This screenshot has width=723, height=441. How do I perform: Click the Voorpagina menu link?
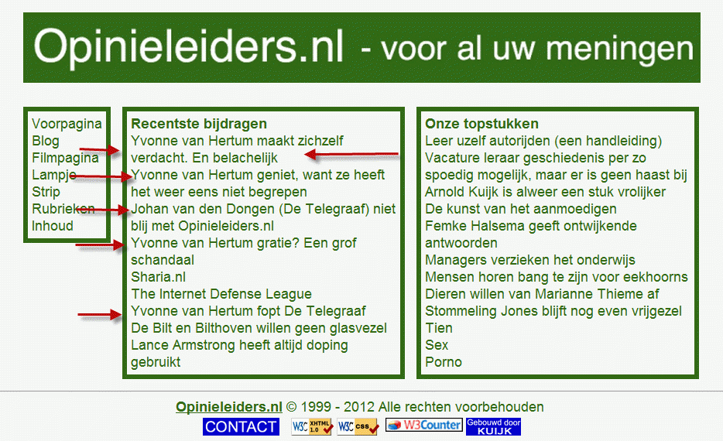tap(67, 124)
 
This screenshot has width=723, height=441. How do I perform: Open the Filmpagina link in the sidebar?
tap(65, 158)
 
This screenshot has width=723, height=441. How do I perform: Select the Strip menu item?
tap(46, 192)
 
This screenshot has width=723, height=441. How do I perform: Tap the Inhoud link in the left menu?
tap(53, 226)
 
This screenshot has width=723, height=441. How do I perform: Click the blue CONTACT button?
tap(241, 427)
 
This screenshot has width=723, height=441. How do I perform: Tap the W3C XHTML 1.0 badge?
tap(312, 426)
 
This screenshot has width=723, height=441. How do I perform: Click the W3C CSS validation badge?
tap(358, 426)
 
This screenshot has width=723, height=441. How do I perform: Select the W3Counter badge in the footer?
tap(423, 425)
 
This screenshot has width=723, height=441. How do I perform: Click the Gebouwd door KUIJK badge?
tap(493, 427)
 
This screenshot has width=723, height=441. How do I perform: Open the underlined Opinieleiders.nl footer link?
tap(228, 407)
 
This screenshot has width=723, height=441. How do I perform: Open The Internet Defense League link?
tap(221, 294)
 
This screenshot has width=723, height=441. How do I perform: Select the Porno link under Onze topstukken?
tap(443, 362)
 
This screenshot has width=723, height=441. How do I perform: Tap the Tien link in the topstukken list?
tap(438, 328)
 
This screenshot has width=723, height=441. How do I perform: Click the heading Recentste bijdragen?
tap(199, 124)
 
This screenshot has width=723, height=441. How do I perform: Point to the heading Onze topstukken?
tap(481, 124)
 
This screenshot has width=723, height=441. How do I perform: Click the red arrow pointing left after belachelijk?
tap(351, 155)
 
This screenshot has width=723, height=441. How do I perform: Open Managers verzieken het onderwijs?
tap(529, 260)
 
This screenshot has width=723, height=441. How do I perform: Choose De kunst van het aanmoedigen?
tap(521, 209)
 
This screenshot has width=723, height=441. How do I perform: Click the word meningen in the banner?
tap(620, 50)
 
